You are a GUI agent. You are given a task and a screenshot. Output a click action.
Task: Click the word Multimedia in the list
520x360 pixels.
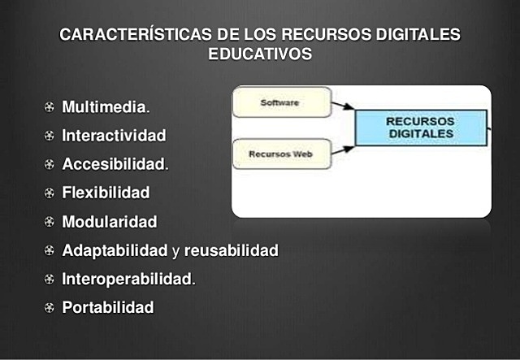point(105,107)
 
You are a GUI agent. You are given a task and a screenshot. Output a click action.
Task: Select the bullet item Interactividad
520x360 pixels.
point(114,135)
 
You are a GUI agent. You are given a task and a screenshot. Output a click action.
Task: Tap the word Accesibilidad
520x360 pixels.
point(114,164)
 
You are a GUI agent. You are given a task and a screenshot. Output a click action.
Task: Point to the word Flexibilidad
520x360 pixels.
point(106,193)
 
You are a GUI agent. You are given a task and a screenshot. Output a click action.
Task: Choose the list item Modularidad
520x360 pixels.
point(110,222)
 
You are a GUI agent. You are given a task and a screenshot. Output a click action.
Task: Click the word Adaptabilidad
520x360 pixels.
point(115,250)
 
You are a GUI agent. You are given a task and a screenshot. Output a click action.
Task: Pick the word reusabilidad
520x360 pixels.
point(231,250)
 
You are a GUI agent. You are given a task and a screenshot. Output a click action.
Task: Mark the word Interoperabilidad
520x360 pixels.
point(127,280)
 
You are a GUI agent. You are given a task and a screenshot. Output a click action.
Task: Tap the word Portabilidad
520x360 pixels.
point(107,308)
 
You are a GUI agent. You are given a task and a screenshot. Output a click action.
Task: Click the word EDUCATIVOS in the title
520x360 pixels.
point(260,54)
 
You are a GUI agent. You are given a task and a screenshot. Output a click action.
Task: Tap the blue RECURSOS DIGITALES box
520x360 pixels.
point(421,128)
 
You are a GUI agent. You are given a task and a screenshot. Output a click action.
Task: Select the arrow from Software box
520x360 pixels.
point(344,106)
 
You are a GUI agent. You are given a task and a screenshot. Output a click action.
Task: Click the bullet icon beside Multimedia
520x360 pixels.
point(50,107)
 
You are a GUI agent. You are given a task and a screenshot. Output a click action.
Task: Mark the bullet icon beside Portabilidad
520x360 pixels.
point(50,308)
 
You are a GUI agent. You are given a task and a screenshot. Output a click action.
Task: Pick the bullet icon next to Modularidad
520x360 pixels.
point(50,222)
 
